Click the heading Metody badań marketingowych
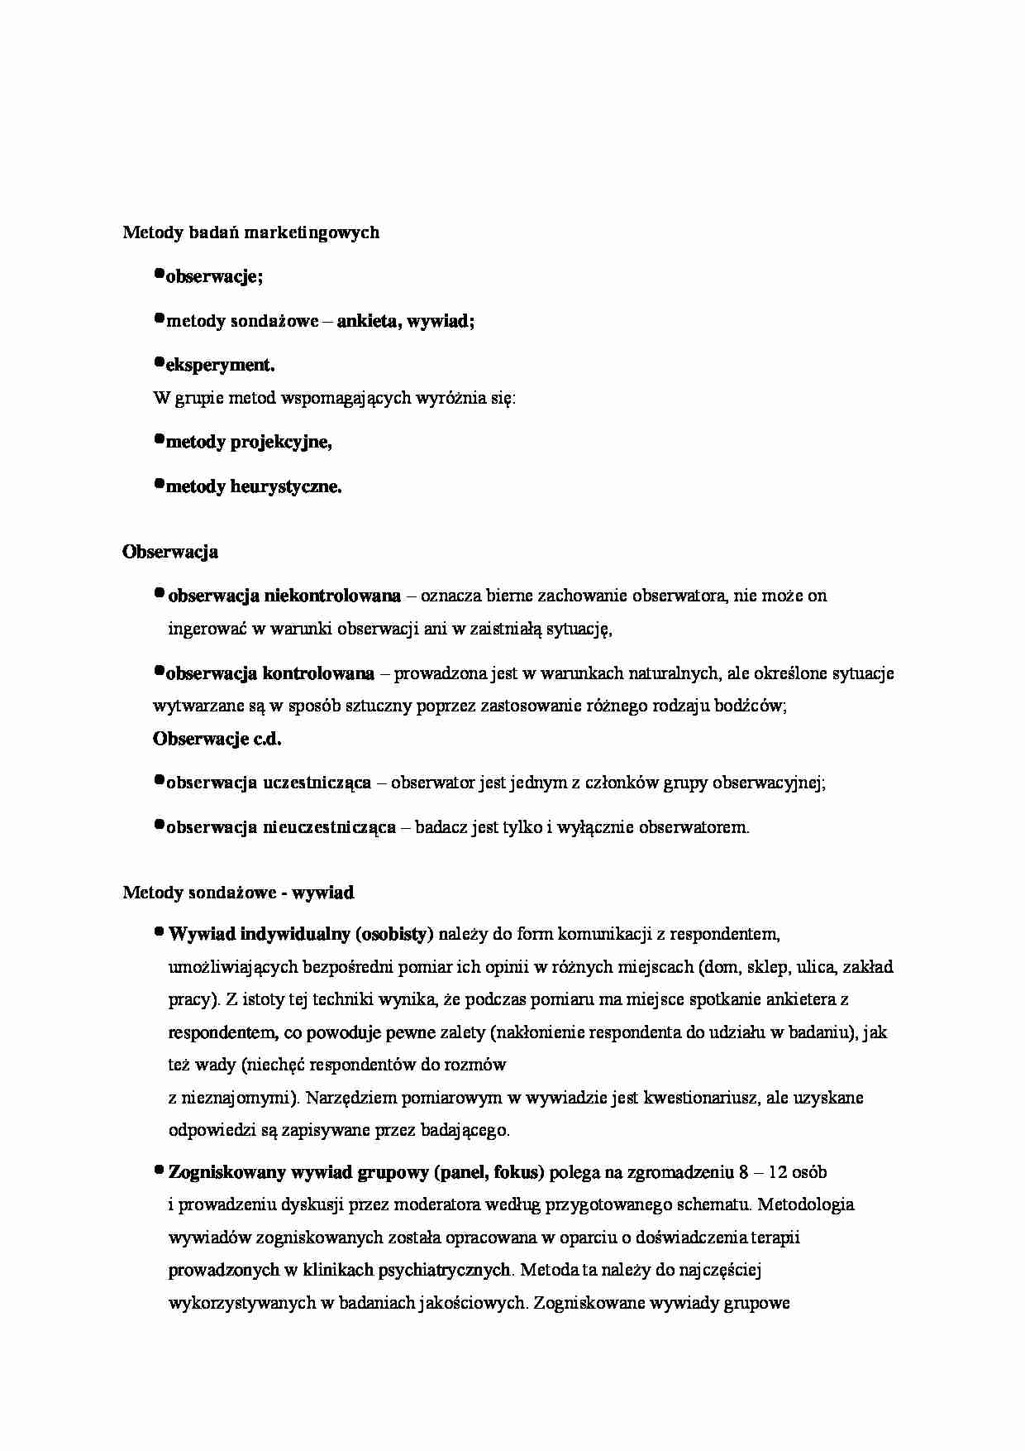click(250, 232)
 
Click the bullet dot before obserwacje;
click(160, 274)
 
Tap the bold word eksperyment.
click(221, 365)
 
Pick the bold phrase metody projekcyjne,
click(249, 443)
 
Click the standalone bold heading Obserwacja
click(170, 552)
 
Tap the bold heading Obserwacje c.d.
click(217, 740)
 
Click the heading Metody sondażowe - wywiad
click(238, 893)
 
